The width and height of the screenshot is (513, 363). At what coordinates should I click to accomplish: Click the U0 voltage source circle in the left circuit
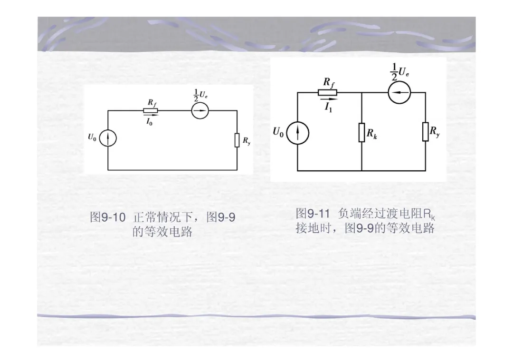(108, 138)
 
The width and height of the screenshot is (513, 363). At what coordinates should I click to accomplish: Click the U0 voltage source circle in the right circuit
(298, 132)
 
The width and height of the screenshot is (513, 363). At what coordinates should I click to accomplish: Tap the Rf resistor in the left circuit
(151, 110)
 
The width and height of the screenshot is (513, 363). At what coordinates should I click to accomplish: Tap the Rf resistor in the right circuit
(327, 92)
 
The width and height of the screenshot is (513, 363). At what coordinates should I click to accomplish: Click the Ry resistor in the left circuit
(237, 140)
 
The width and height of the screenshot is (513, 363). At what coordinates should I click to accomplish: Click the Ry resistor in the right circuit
(426, 132)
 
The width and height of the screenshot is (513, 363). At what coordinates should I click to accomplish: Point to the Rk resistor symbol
(361, 133)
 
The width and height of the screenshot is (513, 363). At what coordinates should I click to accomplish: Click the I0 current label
(149, 122)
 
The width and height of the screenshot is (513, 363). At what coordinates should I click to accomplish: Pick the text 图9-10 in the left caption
(108, 218)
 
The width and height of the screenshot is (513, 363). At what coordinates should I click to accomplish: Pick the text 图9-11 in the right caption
(313, 213)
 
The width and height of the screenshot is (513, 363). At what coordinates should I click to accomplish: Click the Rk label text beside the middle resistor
(371, 134)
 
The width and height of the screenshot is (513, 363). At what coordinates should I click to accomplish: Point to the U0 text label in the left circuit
(92, 137)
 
